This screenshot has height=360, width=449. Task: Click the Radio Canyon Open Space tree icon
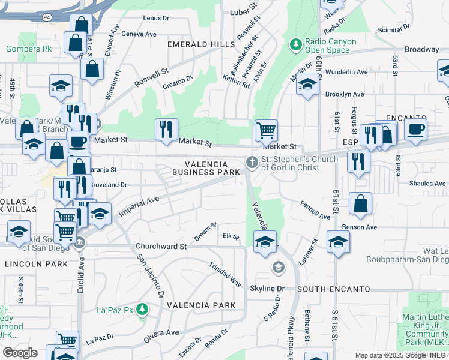click(x=295, y=44)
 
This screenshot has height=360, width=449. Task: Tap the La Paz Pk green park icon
click(x=142, y=310)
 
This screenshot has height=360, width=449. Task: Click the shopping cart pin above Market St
click(x=266, y=129)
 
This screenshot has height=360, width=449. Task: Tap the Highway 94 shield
click(x=46, y=17)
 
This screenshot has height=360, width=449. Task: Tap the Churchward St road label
click(x=161, y=246)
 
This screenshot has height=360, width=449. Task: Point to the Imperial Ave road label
click(x=139, y=205)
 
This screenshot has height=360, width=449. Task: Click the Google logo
click(x=20, y=353)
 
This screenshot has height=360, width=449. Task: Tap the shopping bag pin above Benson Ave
click(x=360, y=204)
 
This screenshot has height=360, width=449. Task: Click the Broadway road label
click(x=421, y=49)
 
